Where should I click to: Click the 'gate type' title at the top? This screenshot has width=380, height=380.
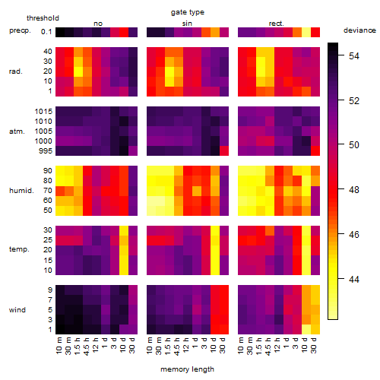click(188, 12)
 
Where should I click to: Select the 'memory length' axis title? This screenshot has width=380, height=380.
click(187, 369)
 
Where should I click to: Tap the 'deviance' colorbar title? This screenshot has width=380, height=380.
click(359, 30)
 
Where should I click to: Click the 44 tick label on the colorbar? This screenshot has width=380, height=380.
click(354, 279)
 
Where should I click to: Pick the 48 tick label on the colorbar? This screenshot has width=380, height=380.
click(354, 189)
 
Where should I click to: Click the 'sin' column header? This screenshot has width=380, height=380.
click(187, 24)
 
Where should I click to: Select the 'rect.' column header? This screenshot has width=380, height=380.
click(277, 24)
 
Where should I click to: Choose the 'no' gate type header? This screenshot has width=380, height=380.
click(98, 24)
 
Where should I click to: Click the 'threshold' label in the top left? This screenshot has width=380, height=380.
click(43, 18)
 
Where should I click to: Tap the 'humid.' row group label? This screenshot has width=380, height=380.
click(21, 190)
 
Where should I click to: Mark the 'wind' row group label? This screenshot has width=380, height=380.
click(17, 310)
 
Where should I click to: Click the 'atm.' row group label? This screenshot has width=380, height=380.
click(17, 131)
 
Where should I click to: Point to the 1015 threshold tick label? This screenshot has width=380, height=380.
click(43, 112)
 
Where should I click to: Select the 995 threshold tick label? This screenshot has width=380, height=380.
click(46, 151)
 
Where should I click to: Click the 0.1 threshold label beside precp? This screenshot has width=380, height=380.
click(46, 32)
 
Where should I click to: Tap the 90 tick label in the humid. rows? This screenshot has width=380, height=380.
click(47, 171)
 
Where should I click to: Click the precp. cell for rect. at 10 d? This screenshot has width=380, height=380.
click(306, 32)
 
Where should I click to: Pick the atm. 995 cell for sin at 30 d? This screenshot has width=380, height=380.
click(224, 150)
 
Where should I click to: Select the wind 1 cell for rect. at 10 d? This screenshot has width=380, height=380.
click(306, 329)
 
